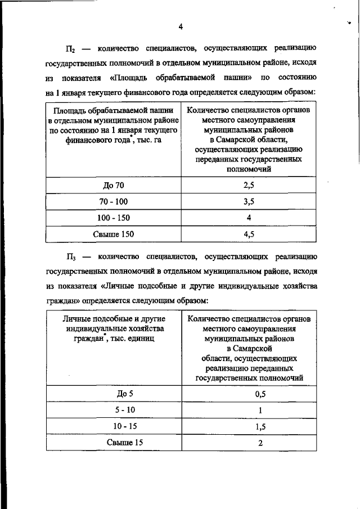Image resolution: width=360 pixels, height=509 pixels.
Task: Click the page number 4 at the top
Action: pos(180,26)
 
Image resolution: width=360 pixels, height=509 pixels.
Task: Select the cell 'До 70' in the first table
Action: pos(114,186)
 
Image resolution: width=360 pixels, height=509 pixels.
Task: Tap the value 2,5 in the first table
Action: pos(249,186)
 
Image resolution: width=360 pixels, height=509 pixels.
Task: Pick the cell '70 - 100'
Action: pos(114,202)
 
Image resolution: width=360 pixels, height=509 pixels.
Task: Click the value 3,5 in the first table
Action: pos(249,202)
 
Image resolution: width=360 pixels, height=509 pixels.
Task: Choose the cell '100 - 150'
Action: pos(114,218)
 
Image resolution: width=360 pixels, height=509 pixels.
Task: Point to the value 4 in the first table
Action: pos(249,218)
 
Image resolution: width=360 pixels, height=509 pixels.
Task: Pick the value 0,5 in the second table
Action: pos(260,394)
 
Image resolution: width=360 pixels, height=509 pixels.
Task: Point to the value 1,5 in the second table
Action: pos(260,427)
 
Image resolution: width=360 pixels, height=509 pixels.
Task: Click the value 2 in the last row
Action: pos(260,443)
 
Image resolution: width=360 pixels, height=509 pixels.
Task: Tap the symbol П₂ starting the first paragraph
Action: pos(72,48)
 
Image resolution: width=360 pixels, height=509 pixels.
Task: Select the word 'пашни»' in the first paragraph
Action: pos(237,77)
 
